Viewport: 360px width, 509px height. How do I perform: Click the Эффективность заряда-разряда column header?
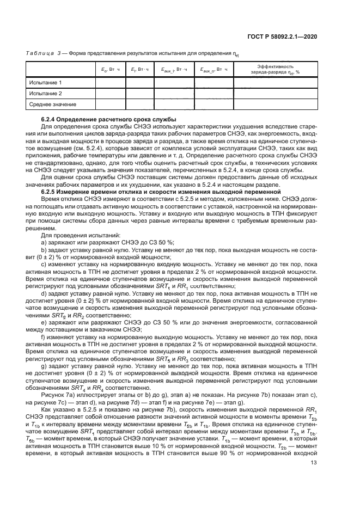point(283,70)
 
